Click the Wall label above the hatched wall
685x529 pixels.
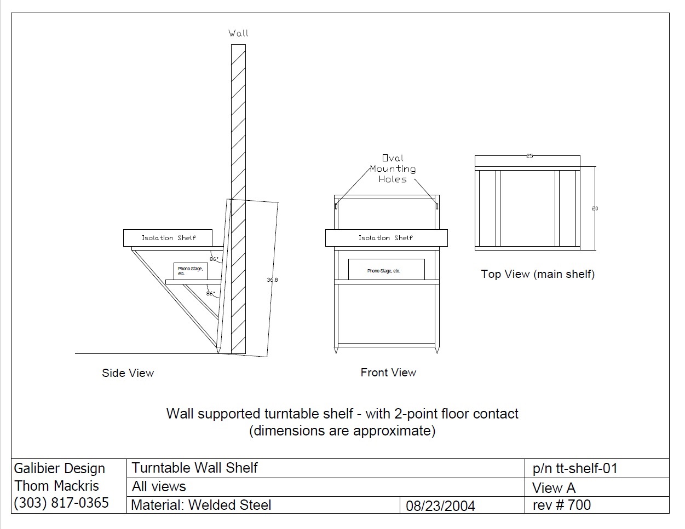(238, 33)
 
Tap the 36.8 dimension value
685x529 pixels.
(272, 280)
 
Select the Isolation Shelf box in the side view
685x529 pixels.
(168, 238)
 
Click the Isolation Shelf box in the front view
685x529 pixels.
(386, 238)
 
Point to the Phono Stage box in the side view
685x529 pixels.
(191, 270)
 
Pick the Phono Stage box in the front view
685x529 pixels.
(386, 270)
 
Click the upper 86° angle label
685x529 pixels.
(214, 259)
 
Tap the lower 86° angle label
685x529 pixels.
(210, 294)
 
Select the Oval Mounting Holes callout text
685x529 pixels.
(393, 168)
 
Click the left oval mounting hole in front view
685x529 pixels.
(336, 206)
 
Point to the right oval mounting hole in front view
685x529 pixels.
(436, 206)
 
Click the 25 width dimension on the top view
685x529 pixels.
(529, 156)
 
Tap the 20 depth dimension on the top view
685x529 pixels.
(595, 208)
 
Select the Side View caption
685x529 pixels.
(128, 373)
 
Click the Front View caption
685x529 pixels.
(388, 373)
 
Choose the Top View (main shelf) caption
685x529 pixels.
(538, 274)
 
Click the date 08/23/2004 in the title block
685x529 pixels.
(440, 506)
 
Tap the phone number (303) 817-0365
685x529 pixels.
(61, 503)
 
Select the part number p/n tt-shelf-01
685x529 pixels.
(575, 468)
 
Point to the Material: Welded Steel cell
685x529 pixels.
(201, 505)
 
